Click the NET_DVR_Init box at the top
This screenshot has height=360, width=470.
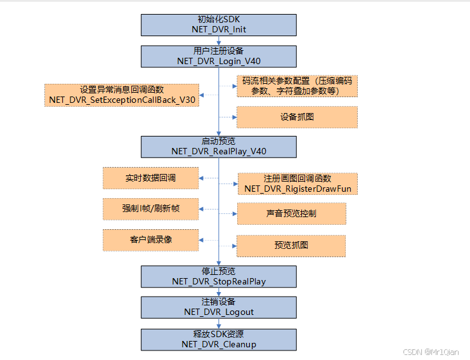point(219,25)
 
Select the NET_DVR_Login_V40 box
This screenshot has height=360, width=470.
point(219,56)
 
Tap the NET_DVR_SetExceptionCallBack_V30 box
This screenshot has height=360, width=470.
point(122,95)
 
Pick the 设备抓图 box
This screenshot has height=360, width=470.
point(297,117)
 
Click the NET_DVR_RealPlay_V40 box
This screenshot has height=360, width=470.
point(219,146)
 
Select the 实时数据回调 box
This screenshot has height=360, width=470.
point(150,178)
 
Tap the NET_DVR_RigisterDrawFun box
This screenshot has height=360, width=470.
point(297,183)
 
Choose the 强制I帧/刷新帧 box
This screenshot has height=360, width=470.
point(150,208)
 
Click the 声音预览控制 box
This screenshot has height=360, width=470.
point(291,213)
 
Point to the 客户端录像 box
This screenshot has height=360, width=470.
point(150,240)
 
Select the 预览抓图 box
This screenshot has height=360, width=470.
point(291,245)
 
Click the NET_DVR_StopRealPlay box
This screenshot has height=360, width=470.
point(219,276)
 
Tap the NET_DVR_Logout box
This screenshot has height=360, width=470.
point(219,307)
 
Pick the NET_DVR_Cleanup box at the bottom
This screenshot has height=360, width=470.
point(219,339)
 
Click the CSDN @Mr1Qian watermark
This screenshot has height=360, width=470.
point(431,351)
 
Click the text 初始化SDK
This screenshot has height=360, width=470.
point(219,19)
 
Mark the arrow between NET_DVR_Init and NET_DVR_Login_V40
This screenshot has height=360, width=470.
point(219,41)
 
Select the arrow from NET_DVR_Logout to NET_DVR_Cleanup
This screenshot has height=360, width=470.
point(219,323)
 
